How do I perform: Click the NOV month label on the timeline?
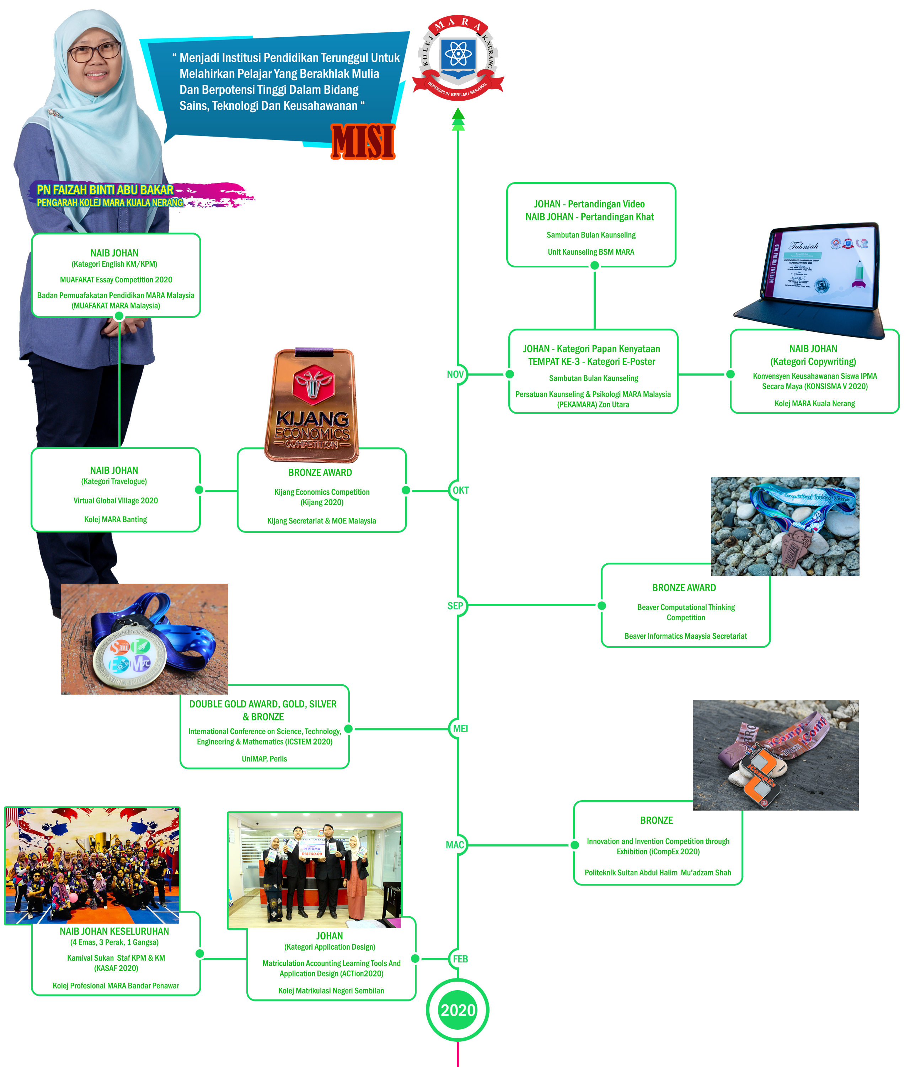(x=455, y=375)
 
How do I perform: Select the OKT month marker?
(x=460, y=490)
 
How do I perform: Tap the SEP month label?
(x=455, y=606)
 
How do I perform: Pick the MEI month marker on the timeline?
(x=460, y=729)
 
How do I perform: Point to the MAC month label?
(x=455, y=845)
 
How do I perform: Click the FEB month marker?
(x=460, y=959)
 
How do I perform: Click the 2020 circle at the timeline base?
(x=457, y=1010)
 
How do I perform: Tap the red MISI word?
(x=363, y=142)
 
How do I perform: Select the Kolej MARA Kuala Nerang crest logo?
(x=457, y=57)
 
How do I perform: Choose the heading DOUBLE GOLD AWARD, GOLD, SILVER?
(x=263, y=704)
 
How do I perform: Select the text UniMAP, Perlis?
(x=264, y=759)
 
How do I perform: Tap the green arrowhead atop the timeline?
(x=457, y=117)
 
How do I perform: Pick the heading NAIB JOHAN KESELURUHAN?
(x=114, y=931)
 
